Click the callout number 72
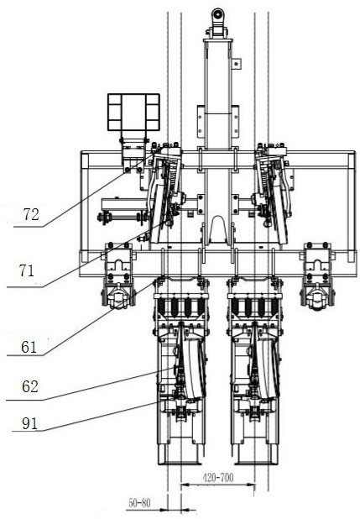pos(31,215)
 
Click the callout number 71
pos(27,271)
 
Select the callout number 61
pos(29,347)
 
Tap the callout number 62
pos(30,386)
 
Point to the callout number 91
pos(29,424)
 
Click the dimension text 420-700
pos(218,477)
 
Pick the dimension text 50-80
pos(139,503)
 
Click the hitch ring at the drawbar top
pos(218,14)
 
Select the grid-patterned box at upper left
pos(133,112)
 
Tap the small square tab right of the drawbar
pos(237,64)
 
